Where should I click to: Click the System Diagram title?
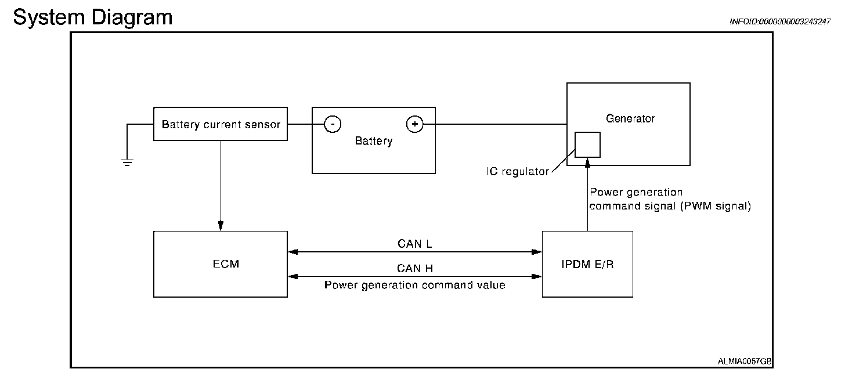click(93, 18)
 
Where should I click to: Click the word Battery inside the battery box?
click(374, 141)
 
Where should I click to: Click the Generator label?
click(630, 118)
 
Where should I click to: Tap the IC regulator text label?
click(518, 172)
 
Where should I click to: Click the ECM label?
click(226, 264)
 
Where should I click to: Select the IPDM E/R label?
click(587, 265)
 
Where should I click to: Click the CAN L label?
click(414, 244)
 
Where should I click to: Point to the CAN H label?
click(414, 269)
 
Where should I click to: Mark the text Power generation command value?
click(414, 285)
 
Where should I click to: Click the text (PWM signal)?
click(716, 207)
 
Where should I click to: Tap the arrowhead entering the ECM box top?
click(221, 226)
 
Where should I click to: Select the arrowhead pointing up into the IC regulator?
click(587, 162)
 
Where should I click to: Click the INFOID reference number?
click(780, 21)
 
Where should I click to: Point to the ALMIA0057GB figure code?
click(744, 361)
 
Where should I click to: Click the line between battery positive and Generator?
click(495, 124)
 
